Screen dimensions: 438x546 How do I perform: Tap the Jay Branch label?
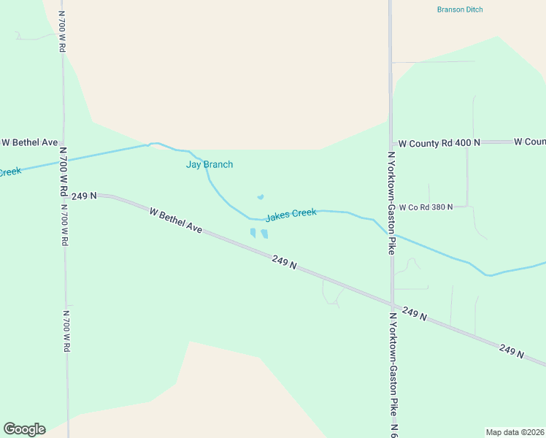tap(209, 164)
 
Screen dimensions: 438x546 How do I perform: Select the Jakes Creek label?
tap(291, 215)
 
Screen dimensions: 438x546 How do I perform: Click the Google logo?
tap(24, 429)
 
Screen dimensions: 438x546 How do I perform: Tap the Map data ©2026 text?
tap(515, 432)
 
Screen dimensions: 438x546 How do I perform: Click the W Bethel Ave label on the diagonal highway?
tap(175, 220)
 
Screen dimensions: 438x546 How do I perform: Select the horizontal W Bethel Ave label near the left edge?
tap(29, 142)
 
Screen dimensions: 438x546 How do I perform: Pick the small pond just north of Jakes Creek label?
tap(260, 197)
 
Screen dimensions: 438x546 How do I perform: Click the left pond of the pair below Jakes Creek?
tap(253, 233)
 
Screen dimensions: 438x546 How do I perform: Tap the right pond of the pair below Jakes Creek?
tap(264, 234)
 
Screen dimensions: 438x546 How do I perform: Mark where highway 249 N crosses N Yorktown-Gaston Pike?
tap(391, 304)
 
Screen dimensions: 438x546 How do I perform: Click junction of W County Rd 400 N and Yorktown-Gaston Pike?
tap(391, 143)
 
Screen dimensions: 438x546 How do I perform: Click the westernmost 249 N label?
tap(85, 196)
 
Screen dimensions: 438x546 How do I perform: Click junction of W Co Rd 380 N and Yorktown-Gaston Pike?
tap(391, 207)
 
